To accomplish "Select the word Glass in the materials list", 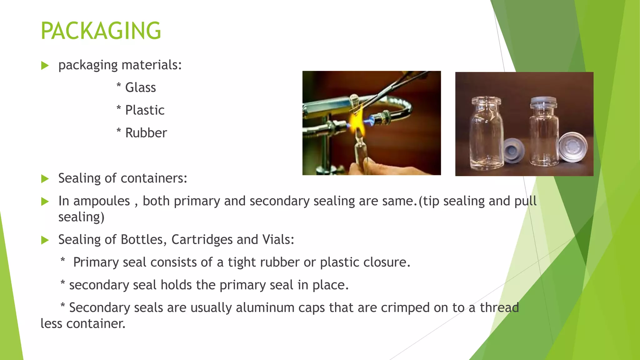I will (140, 87).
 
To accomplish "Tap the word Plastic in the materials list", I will (145, 110).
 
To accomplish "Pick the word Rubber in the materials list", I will (146, 133).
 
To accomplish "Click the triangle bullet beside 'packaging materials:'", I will (45, 66).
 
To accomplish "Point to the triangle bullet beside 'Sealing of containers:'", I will (45, 179).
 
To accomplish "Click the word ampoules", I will (102, 201).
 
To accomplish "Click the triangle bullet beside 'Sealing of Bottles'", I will (45, 240).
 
